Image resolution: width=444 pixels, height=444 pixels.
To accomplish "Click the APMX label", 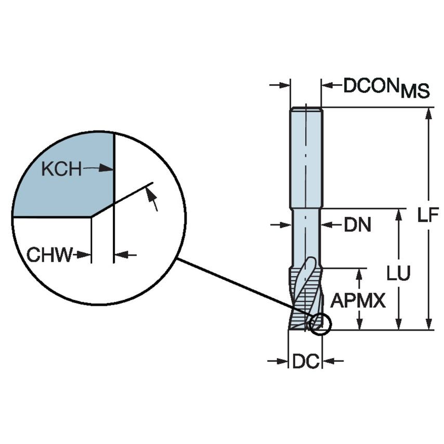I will tap(358, 300).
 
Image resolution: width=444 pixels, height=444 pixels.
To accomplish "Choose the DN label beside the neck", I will tap(357, 225).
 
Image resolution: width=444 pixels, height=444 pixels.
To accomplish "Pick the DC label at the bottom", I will tap(305, 361).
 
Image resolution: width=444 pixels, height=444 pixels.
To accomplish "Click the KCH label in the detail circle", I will tap(61, 168).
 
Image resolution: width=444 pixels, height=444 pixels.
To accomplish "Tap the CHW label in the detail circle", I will tap(49, 255).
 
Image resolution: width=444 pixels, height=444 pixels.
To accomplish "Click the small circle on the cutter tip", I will tap(319, 323).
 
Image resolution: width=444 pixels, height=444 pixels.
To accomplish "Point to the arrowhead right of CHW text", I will tap(119, 255).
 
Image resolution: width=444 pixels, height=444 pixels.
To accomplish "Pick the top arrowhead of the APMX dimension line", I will tap(359, 274).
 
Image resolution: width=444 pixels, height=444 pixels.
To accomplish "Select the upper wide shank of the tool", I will tap(306, 156).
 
